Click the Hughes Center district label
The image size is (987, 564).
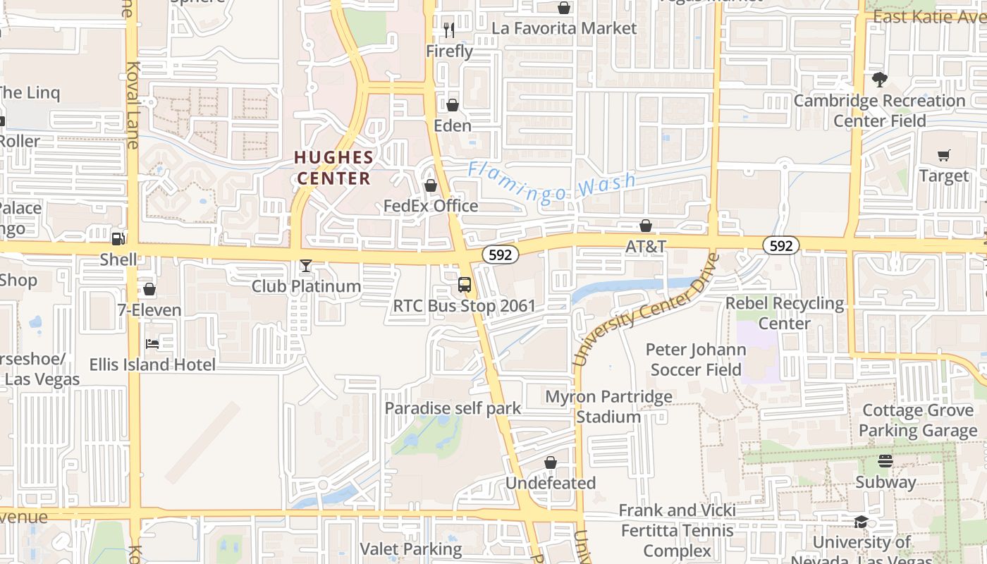(333, 167)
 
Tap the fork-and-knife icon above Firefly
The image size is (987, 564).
(449, 30)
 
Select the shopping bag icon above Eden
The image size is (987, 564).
(453, 105)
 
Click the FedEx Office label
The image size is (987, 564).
(431, 206)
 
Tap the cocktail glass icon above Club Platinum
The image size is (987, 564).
(306, 266)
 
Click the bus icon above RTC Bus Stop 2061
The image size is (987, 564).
(465, 285)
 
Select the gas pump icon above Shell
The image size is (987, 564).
(118, 239)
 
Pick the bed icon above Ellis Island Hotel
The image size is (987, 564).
(152, 344)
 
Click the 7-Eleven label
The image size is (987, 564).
(149, 310)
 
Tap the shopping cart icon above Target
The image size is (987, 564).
(944, 155)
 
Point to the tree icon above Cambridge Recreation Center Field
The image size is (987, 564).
(879, 79)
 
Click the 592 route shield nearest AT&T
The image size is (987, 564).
(780, 245)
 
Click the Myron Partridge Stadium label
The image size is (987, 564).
(608, 407)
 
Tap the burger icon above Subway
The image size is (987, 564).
(885, 461)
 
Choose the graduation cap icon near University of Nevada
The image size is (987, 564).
(861, 522)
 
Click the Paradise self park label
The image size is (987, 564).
(453, 408)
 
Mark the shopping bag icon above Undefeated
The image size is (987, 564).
(551, 462)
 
